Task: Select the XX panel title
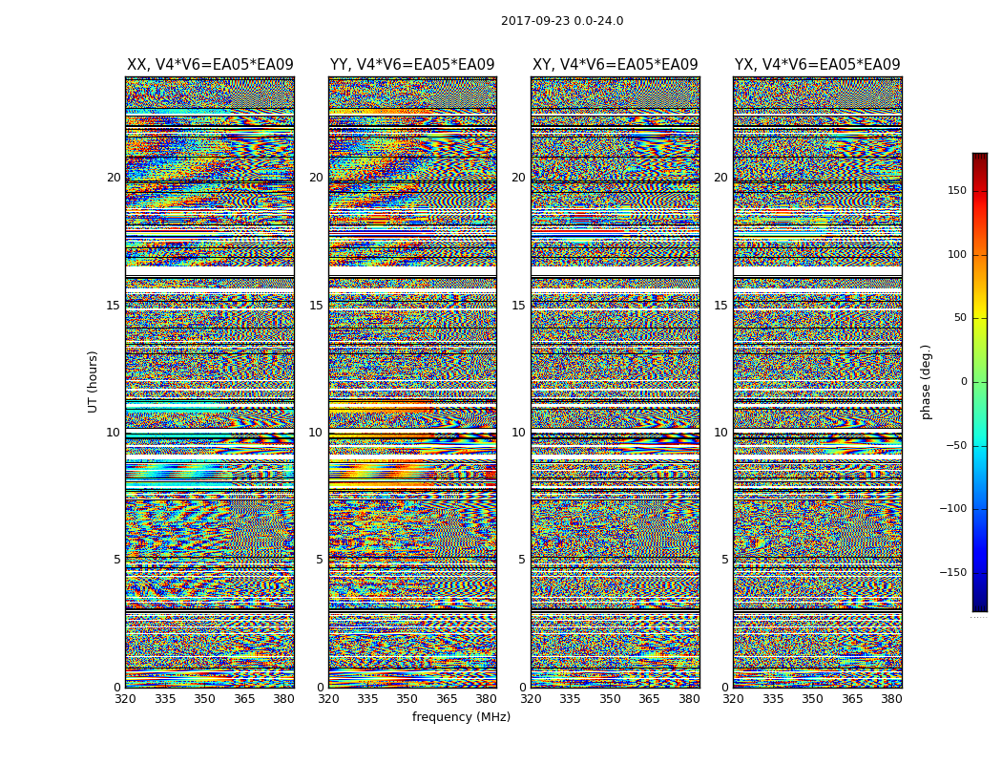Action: [210, 65]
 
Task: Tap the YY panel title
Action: [412, 65]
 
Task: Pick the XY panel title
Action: [615, 65]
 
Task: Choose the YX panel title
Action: [817, 65]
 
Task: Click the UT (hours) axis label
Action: [94, 381]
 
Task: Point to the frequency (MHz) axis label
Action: [461, 717]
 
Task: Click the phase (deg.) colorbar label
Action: [926, 381]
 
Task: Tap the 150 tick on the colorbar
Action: [957, 191]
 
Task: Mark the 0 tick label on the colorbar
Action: [963, 382]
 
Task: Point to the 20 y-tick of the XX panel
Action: [114, 178]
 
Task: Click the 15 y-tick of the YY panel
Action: [316, 306]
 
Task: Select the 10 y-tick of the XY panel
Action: [518, 433]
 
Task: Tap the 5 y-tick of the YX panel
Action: [724, 560]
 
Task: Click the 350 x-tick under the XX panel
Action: [204, 699]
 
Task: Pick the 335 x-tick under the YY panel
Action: [367, 699]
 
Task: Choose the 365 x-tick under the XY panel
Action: [649, 699]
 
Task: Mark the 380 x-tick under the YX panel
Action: [891, 699]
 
